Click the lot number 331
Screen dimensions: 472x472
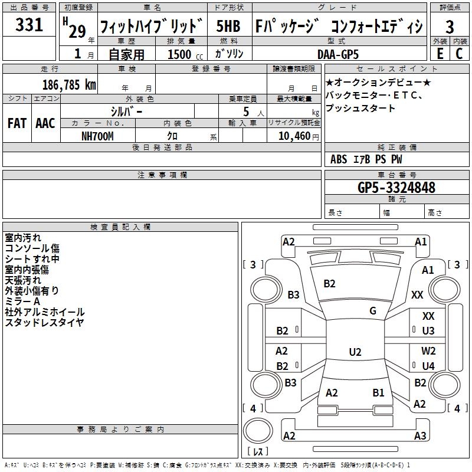[29, 25]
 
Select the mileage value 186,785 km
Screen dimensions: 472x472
[68, 84]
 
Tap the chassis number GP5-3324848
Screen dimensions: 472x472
[396, 188]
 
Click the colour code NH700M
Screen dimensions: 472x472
[97, 136]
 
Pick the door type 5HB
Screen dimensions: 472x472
[228, 27]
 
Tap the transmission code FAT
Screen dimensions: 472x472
[17, 123]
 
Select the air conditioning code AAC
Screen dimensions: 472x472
[45, 123]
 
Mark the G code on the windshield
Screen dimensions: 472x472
[373, 311]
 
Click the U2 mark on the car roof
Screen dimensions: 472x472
[355, 352]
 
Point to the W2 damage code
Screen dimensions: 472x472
[428, 351]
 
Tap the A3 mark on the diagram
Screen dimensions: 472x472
[419, 436]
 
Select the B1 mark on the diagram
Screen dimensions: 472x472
[378, 392]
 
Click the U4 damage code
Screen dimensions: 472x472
[428, 366]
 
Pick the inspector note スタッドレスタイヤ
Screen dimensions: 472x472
[44, 322]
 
